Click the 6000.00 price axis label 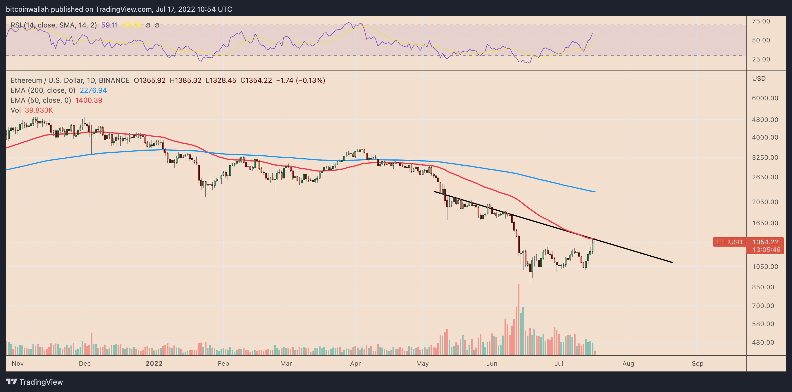point(765,98)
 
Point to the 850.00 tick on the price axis point(765,287)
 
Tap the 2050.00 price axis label point(765,202)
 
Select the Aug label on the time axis point(628,363)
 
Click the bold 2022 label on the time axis point(154,363)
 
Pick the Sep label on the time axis point(697,363)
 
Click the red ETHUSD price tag point(729,242)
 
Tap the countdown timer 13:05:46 point(767,250)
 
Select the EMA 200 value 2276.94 point(93,90)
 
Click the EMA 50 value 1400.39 point(89,100)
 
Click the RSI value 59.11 point(109,25)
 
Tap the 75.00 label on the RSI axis point(761,21)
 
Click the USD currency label point(759,78)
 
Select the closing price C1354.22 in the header point(256,80)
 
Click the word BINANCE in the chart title point(114,80)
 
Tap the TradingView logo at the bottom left point(35,382)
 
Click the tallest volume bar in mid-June point(519,320)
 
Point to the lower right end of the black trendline point(672,262)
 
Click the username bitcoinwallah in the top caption point(27,9)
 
